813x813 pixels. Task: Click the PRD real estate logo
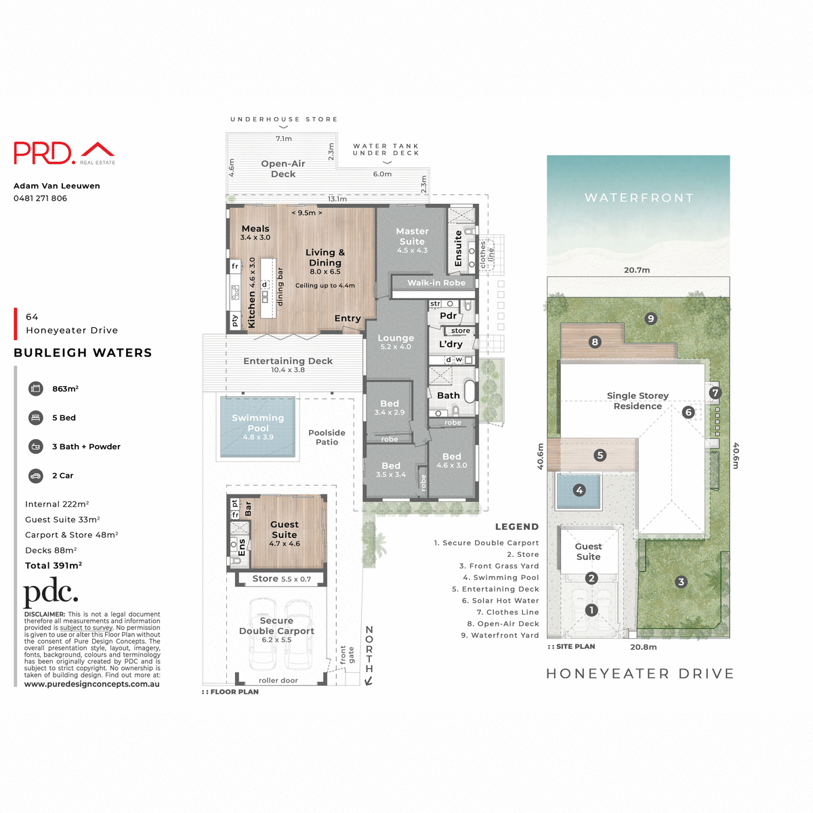coord(64,153)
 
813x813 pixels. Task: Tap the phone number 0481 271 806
coord(40,199)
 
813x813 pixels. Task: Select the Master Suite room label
coord(412,236)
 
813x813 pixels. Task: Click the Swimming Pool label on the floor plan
coord(257,423)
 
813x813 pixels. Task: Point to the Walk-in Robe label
coord(436,283)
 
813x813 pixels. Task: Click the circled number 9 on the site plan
coord(650,318)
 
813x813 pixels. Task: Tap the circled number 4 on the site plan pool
coord(579,490)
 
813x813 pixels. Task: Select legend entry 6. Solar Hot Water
coord(500,601)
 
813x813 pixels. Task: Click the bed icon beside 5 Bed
coord(36,418)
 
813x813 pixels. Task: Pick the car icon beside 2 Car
coord(36,476)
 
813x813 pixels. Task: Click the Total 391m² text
coord(54,566)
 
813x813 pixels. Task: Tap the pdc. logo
coord(51,593)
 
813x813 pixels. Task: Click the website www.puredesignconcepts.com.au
coord(92,684)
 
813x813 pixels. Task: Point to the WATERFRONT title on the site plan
coord(639,198)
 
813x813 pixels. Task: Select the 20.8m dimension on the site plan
coord(643,647)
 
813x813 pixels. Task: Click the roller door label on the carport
coord(278,680)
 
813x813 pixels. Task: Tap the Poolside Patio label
coord(327,437)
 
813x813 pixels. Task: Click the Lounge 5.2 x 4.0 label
coord(396,341)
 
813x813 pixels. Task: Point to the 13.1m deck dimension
coord(337,199)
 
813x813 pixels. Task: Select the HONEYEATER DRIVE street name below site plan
coord(640,673)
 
